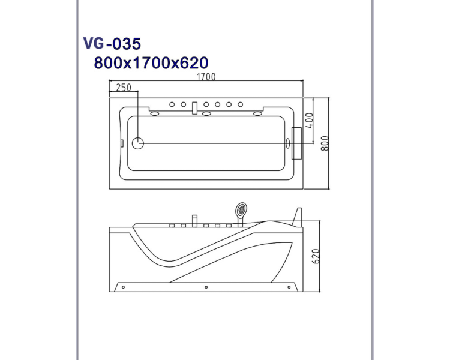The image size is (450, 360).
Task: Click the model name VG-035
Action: (112, 44)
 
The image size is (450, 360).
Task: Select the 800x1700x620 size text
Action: (151, 63)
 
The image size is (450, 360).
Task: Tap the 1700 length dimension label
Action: (206, 77)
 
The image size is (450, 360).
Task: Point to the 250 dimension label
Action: (124, 87)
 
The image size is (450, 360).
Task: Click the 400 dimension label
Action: (309, 121)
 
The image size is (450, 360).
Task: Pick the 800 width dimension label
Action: (325, 143)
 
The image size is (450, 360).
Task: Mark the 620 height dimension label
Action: (316, 256)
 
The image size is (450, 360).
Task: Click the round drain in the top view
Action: (138, 143)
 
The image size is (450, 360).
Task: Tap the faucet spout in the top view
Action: (195, 108)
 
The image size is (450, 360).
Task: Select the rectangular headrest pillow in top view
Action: (297, 143)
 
